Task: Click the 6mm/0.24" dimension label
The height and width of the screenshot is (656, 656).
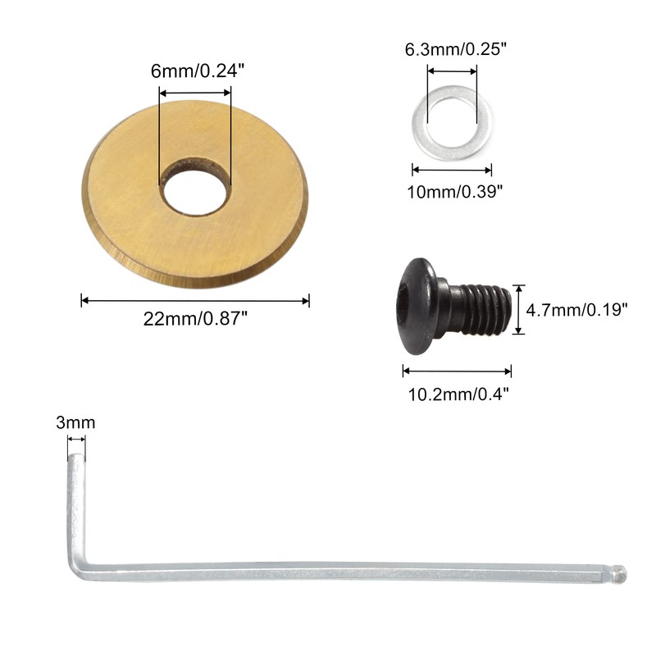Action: point(197,71)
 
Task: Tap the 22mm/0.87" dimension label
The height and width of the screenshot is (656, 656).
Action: point(195,319)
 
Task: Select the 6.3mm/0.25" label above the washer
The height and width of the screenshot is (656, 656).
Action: point(456,49)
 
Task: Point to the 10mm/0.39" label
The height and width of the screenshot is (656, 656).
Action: point(455,192)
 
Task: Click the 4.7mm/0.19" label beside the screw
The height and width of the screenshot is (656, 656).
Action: point(577,310)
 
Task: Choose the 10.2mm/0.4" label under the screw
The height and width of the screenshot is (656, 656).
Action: point(458,394)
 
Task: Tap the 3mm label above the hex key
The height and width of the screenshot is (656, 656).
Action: point(75,423)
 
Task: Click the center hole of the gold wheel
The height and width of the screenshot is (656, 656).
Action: point(195,191)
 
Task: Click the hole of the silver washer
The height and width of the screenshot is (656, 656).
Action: point(453,123)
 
